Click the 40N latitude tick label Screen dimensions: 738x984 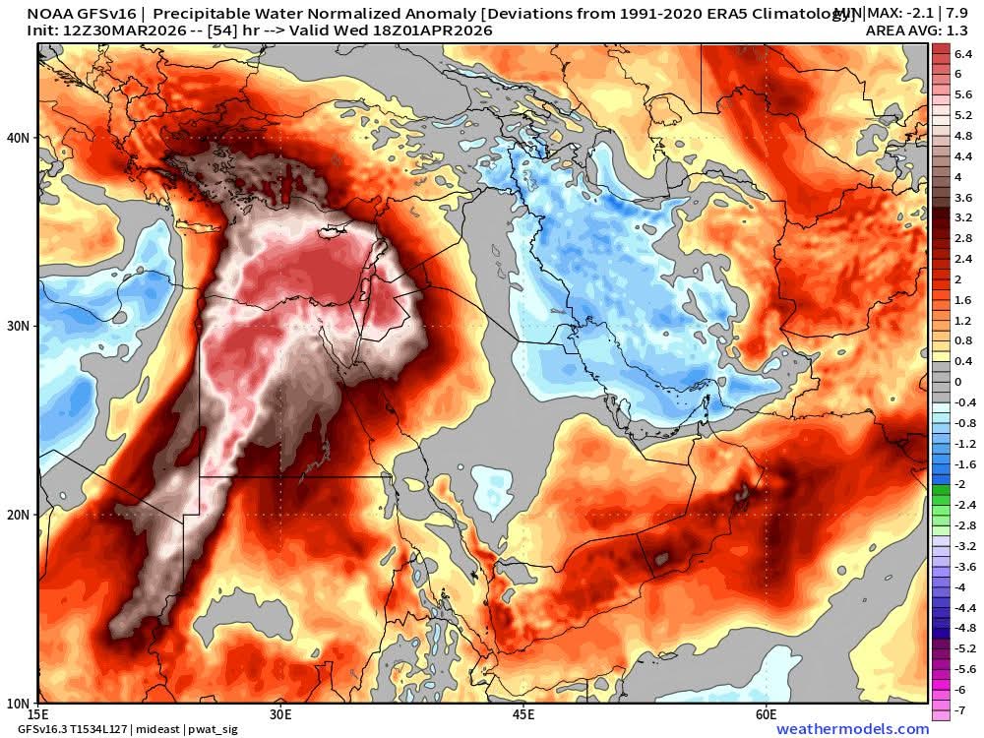(x=19, y=138)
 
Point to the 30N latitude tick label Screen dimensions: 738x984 (x=19, y=326)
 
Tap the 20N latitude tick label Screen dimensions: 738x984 (x=19, y=515)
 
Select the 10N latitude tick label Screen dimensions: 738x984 (x=19, y=703)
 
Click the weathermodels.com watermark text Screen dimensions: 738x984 (x=852, y=729)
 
